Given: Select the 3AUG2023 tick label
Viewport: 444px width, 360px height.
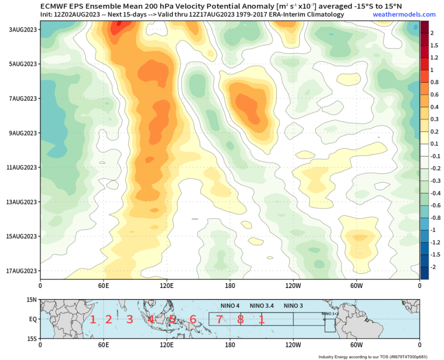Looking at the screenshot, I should [x=24, y=30].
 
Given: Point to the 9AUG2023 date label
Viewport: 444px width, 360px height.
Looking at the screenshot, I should [x=24, y=133].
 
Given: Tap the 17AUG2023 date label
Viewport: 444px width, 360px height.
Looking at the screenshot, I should [x=22, y=271].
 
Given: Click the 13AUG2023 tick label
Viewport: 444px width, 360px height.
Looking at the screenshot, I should [x=22, y=202].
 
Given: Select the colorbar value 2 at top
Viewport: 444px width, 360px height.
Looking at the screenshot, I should [x=432, y=33].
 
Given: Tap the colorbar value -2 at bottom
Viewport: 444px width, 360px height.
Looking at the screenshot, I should [x=433, y=267].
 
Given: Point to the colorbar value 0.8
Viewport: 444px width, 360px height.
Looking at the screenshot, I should [x=434, y=82].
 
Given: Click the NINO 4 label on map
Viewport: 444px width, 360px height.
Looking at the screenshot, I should [x=230, y=306].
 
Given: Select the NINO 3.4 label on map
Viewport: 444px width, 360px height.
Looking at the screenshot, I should [x=262, y=306].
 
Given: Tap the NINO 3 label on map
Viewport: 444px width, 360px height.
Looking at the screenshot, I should [x=293, y=306].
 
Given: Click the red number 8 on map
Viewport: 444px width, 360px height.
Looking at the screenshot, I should [x=240, y=319].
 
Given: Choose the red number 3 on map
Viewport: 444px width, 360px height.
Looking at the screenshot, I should [x=130, y=319].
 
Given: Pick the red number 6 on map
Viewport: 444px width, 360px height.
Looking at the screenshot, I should [x=193, y=319].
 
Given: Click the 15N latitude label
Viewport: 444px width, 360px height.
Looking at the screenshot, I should [x=31, y=300].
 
